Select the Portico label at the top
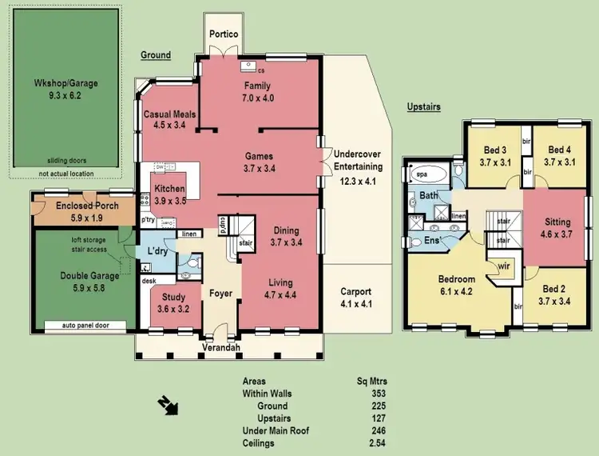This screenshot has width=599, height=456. click(x=224, y=35)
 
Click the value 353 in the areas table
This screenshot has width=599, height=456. click(x=379, y=394)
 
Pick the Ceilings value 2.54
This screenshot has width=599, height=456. click(x=377, y=442)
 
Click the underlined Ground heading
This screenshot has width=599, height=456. click(x=156, y=55)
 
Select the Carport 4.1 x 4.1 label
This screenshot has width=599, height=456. click(x=357, y=298)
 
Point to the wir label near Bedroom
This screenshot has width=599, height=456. click(x=504, y=267)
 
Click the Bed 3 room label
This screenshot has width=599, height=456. click(x=494, y=156)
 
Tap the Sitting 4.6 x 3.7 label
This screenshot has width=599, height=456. click(x=557, y=227)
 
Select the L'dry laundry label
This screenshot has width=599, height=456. click(x=156, y=251)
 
